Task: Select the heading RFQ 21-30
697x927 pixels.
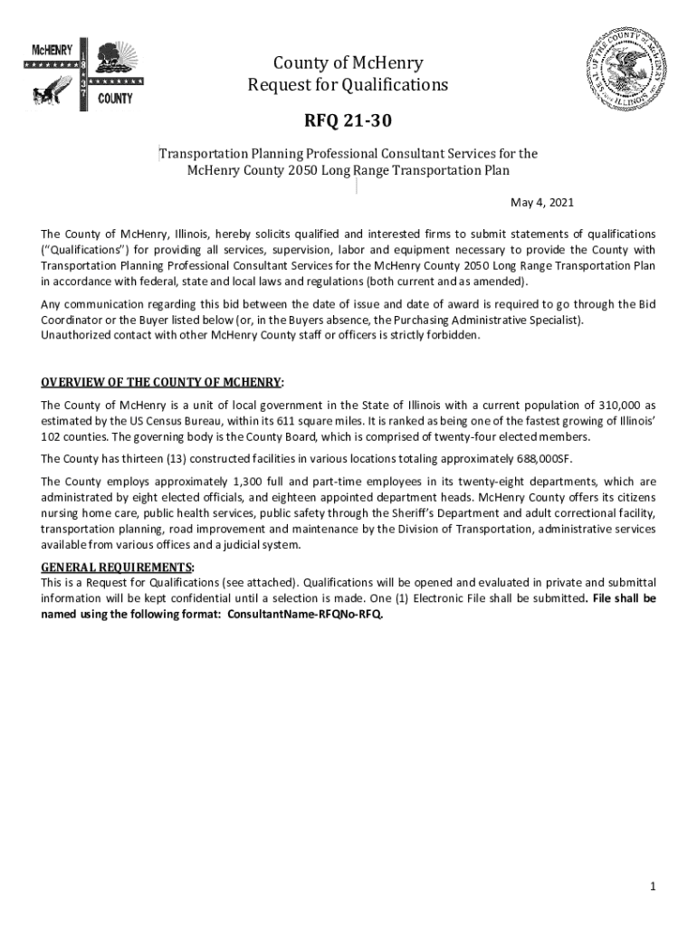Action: coord(348,122)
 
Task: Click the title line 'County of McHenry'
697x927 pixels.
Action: coord(348,63)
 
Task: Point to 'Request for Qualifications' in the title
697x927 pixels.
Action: coord(348,85)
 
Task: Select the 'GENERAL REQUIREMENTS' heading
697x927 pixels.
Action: coord(117,568)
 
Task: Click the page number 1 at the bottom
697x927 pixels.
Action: coord(652,885)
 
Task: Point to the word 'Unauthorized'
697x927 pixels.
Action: coord(75,335)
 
